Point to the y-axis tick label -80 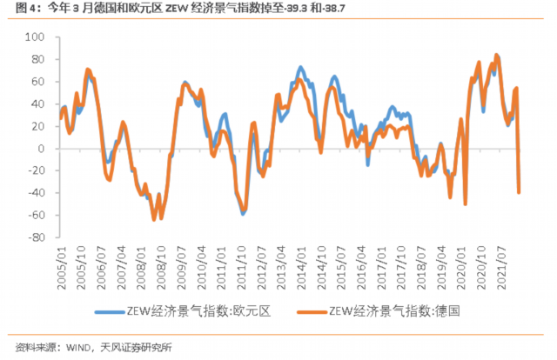click(x=37, y=237)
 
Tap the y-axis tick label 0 click(x=42, y=149)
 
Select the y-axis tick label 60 click(x=39, y=82)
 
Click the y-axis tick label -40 click(x=37, y=193)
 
